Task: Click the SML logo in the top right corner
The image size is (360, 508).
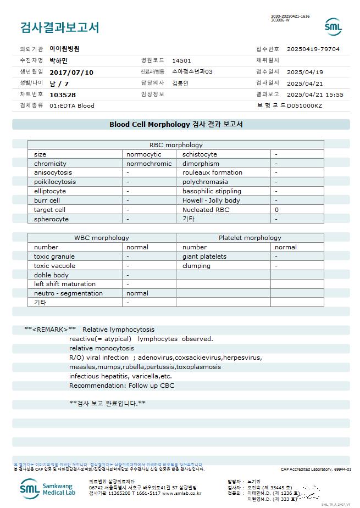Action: [x=333, y=26]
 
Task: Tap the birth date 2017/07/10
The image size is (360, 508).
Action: [x=71, y=72]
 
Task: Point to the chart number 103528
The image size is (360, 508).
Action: [x=63, y=94]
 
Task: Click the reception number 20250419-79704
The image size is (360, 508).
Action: [x=313, y=49]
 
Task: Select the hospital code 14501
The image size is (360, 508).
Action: [x=181, y=60]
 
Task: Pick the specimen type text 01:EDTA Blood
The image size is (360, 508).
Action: [x=72, y=105]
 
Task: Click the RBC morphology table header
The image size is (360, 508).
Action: [x=176, y=145]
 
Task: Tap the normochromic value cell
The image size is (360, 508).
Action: [x=149, y=164]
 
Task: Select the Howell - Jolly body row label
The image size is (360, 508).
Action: [x=211, y=200]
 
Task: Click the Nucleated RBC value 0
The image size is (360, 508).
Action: [x=276, y=210]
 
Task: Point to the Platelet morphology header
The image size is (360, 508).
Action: [x=250, y=238]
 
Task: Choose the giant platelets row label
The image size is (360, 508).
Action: [x=204, y=256]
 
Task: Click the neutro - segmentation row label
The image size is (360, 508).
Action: [x=68, y=293]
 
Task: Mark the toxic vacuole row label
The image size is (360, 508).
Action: [x=54, y=266]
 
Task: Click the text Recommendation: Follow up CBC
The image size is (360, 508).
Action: [x=121, y=386]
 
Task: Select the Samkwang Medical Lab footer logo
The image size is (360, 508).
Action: [x=48, y=488]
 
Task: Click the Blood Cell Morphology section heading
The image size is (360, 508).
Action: [x=176, y=125]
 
